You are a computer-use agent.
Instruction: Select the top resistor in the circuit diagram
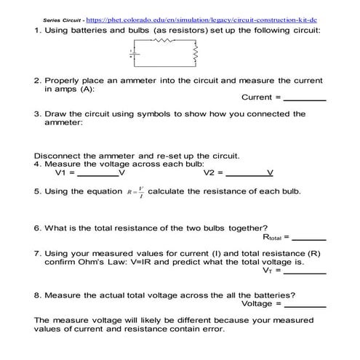pyautogui.click(x=164, y=41)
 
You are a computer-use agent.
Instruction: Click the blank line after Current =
pyautogui.click(x=304, y=98)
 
